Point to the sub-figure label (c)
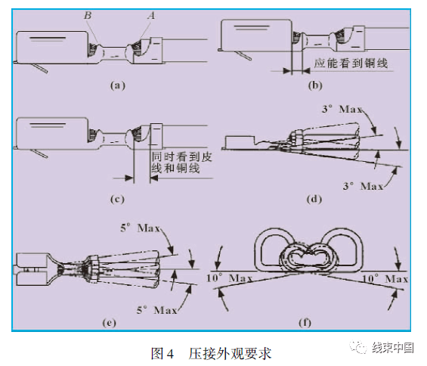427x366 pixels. (116, 200)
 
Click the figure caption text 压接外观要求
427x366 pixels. (230, 352)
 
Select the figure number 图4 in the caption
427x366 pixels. (162, 352)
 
